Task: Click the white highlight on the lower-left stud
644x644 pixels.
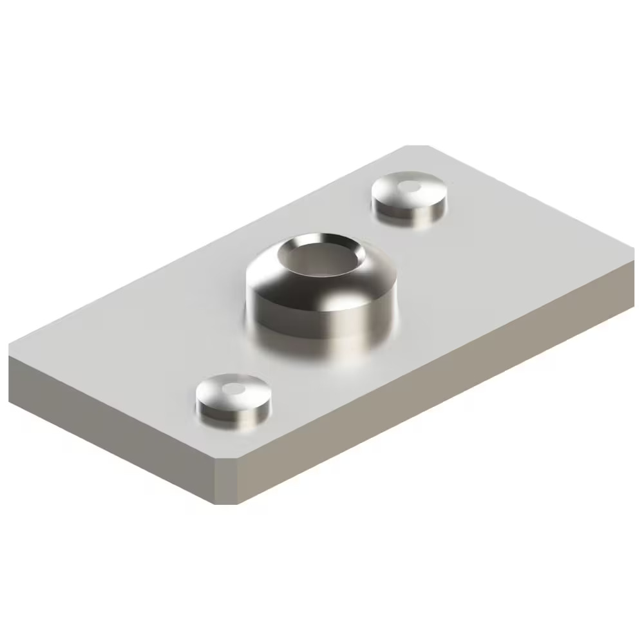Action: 236,388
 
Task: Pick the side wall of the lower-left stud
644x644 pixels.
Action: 232,415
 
